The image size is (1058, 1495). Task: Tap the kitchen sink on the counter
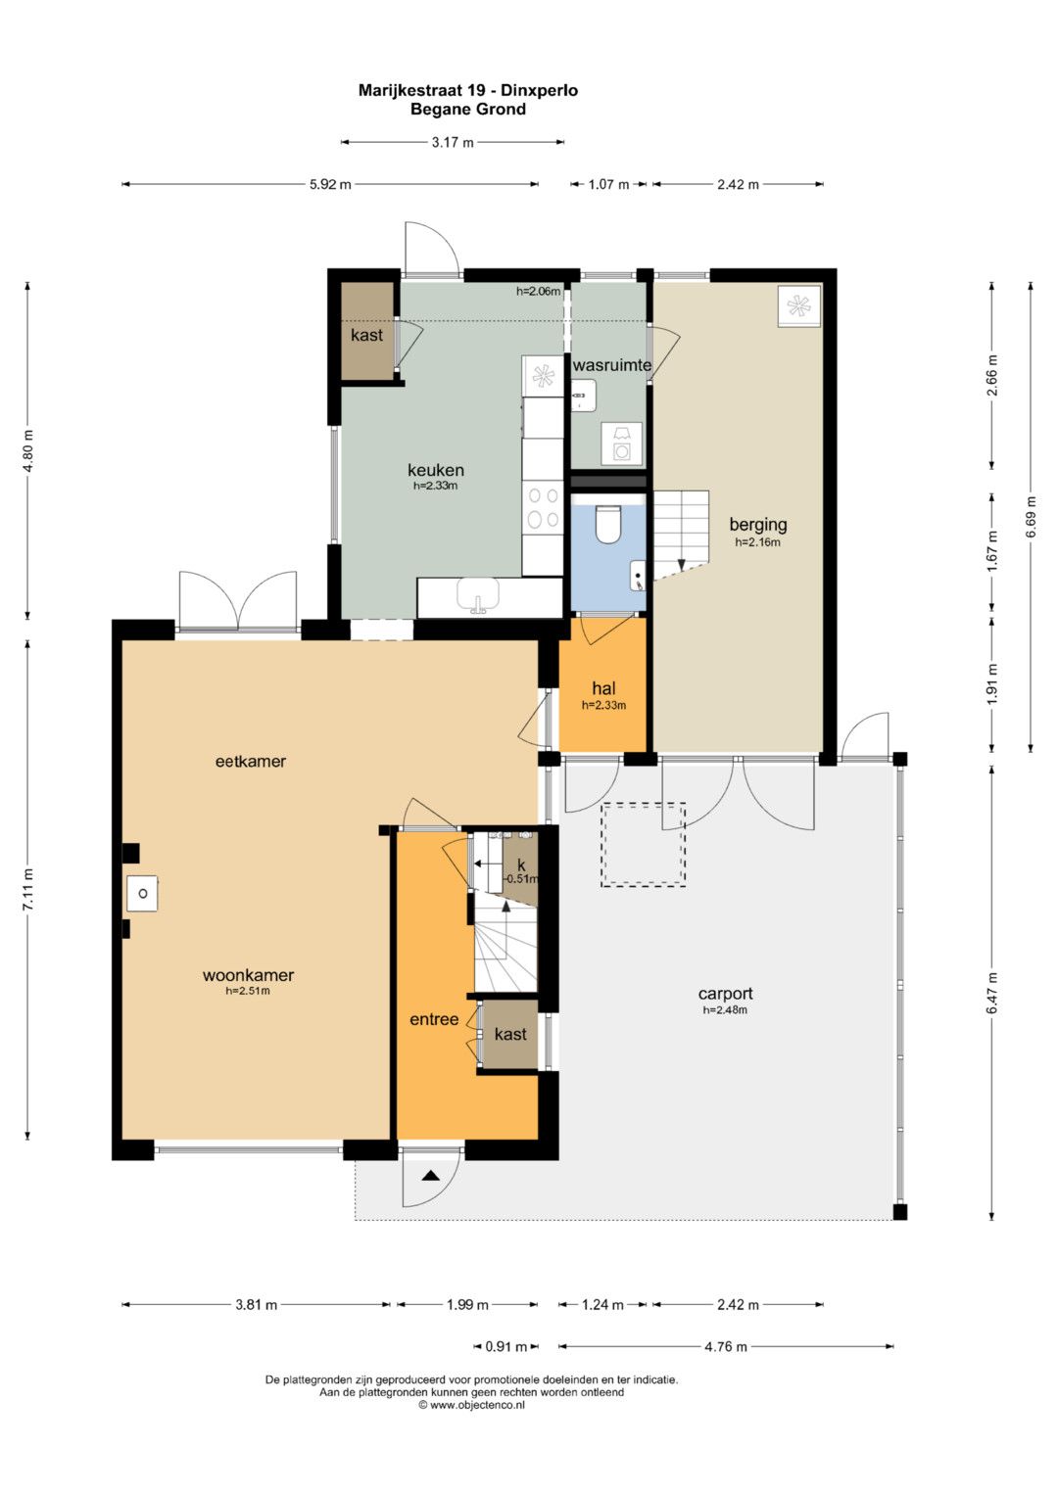(x=478, y=594)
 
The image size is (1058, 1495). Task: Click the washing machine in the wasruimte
(x=621, y=444)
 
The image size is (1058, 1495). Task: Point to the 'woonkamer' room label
(x=249, y=975)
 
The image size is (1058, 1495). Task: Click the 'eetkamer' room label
(x=251, y=761)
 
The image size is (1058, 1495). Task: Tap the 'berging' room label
(x=758, y=525)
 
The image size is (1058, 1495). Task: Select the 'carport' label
(x=725, y=994)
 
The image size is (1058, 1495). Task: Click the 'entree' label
(x=434, y=1019)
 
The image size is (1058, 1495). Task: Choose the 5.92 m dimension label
(x=330, y=184)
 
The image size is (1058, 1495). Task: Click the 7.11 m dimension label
(x=27, y=890)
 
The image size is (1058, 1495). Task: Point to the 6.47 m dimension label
(x=992, y=993)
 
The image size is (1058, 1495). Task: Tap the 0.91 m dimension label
(x=505, y=1346)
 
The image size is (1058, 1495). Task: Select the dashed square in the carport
(x=644, y=845)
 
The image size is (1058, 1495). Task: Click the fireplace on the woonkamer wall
(x=143, y=893)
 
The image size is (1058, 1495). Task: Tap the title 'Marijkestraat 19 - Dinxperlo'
(x=468, y=90)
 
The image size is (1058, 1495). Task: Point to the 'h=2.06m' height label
(x=539, y=291)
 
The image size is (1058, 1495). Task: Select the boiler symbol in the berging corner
(x=798, y=306)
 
